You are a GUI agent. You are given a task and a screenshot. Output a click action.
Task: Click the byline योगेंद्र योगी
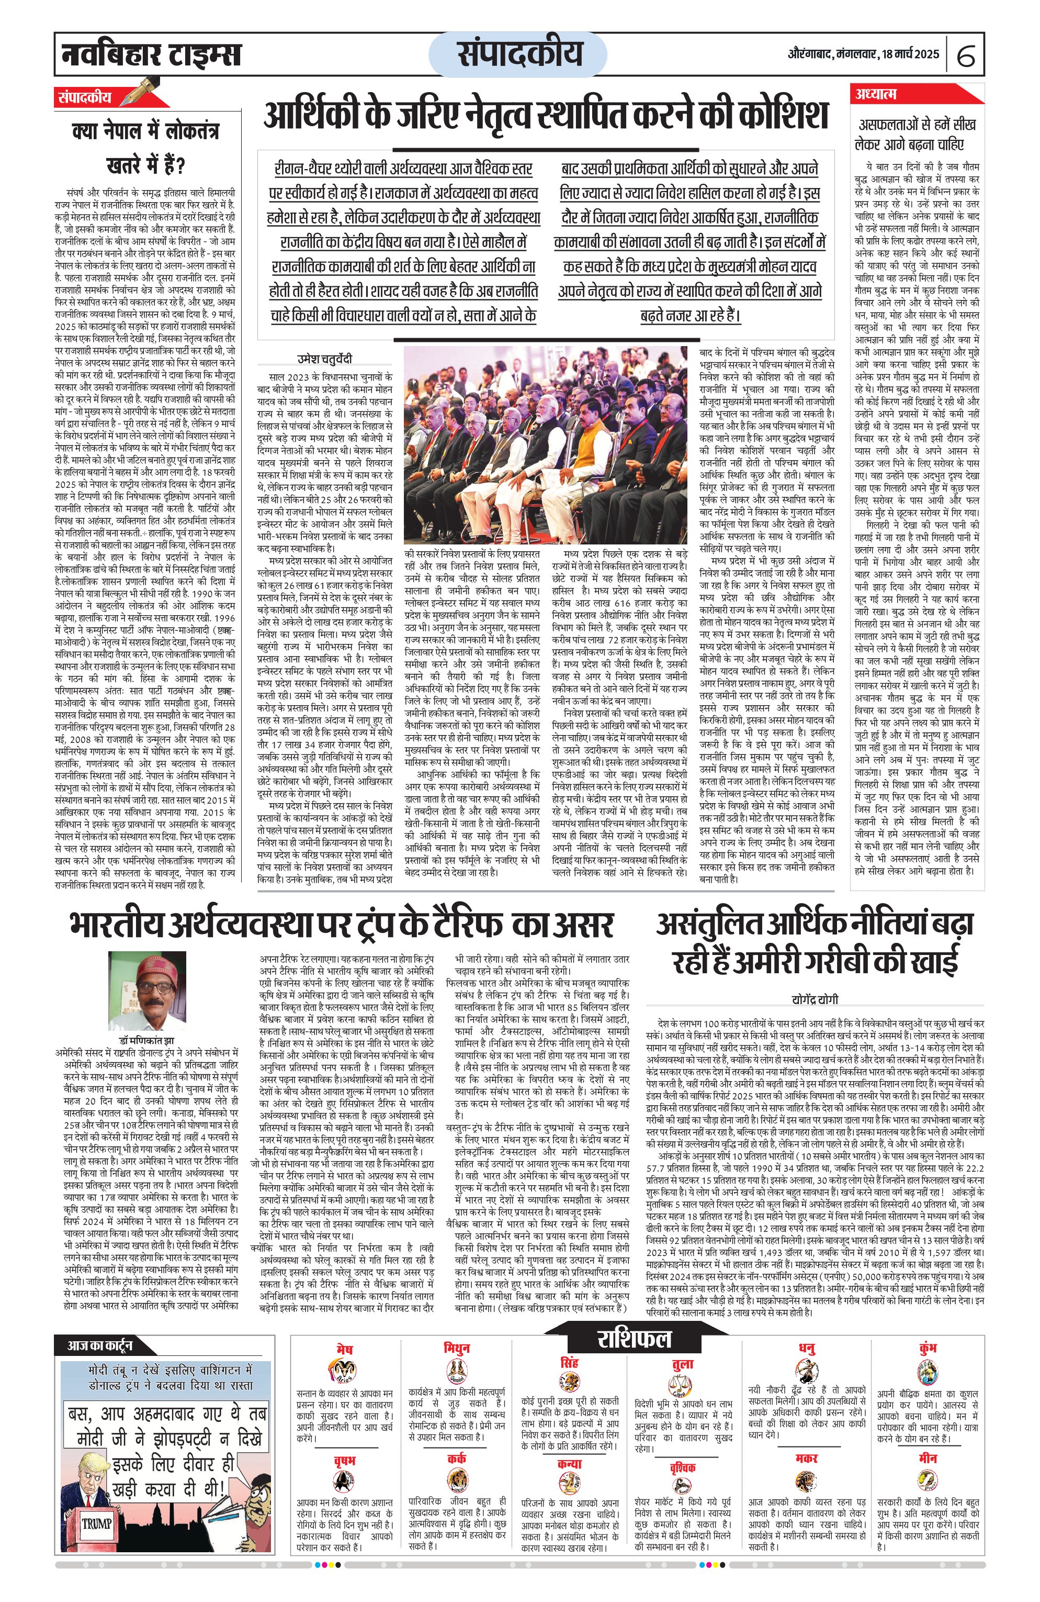click(815, 999)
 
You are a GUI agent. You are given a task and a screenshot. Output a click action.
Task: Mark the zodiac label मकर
click(806, 1458)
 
